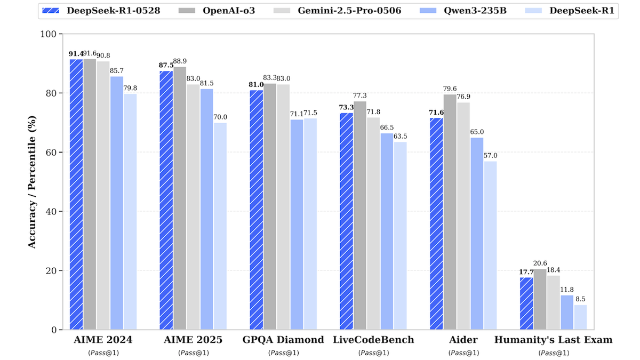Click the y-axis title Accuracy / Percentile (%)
(32, 181)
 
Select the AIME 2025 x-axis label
(193, 340)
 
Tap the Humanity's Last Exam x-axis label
(553, 340)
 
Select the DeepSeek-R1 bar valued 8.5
(580, 317)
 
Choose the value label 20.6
(540, 263)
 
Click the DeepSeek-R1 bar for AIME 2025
(220, 226)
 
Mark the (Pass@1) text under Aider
(463, 353)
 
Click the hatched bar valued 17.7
(526, 303)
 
